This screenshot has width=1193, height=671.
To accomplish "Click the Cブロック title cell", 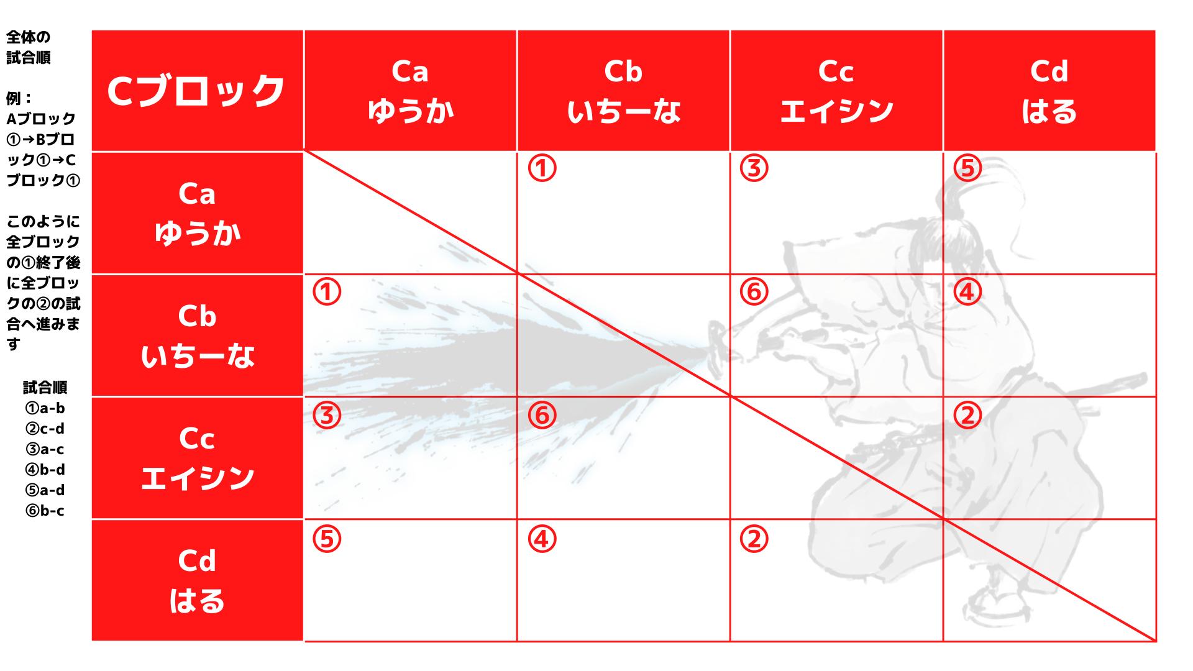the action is tap(197, 90).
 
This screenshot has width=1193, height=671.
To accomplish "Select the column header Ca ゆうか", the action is tap(410, 90).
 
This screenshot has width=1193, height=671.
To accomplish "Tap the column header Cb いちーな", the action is tap(623, 90).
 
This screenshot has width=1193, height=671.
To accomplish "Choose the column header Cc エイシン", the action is tap(836, 90).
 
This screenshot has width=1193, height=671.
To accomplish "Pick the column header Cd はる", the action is tap(1049, 90).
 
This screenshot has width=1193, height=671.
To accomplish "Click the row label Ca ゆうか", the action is tap(197, 213).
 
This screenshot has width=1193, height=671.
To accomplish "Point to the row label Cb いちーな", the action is tap(197, 335).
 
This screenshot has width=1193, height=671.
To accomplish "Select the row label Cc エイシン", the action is tap(197, 458).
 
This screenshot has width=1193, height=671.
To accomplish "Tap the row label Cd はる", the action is tap(197, 580).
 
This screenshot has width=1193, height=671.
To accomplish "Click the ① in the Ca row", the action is tap(542, 168).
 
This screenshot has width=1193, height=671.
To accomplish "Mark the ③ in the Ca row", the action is tap(754, 168).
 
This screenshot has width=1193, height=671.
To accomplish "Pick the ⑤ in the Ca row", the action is tap(967, 168).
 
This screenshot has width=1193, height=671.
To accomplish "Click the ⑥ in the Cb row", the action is tap(754, 291).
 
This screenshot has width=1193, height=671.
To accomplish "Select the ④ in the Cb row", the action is tap(967, 291).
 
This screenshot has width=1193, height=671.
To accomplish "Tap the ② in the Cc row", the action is tap(967, 415).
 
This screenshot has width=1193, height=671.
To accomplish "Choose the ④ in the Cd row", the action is tap(542, 539).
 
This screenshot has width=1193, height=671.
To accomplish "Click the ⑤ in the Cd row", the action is tap(327, 539).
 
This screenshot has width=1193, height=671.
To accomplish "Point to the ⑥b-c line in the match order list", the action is tap(45, 511).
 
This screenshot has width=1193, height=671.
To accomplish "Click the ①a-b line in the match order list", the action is tap(45, 408).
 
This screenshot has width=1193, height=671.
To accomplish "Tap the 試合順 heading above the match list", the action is tap(45, 388).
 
